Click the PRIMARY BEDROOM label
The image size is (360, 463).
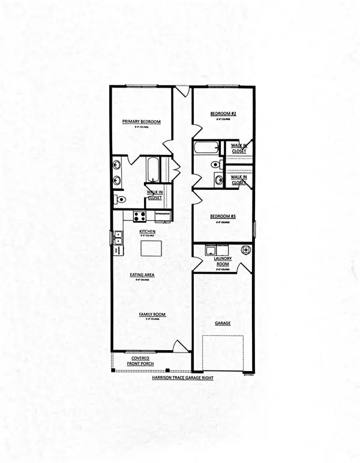(142, 122)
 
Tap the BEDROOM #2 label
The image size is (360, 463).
(223, 113)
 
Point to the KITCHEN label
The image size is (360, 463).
(148, 231)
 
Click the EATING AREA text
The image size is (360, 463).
(143, 274)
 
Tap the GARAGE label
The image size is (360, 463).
(223, 323)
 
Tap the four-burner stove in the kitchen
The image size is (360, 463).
(140, 216)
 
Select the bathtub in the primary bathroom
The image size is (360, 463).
(152, 169)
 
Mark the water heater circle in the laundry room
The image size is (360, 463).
(245, 249)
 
